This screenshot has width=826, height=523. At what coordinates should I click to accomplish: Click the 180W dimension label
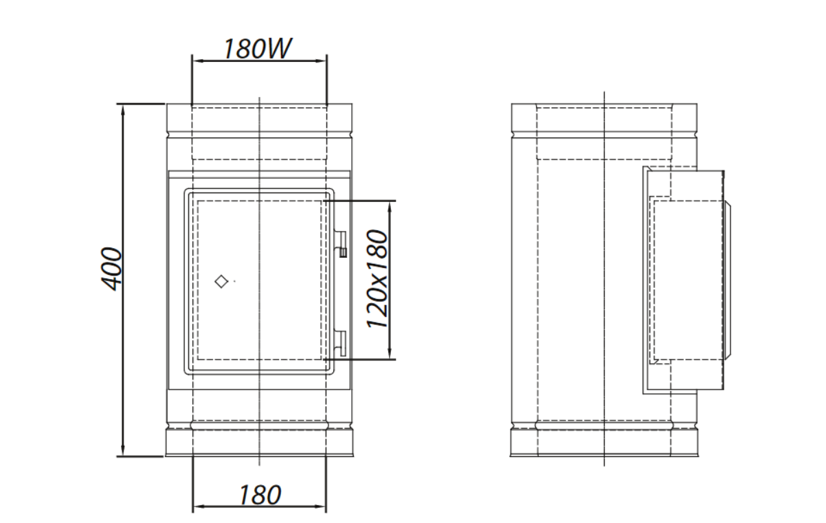pos(258,48)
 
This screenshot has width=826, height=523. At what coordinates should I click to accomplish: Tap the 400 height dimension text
pos(111,269)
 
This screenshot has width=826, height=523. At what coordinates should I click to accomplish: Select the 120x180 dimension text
pos(377,279)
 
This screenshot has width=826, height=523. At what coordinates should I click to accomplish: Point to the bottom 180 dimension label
pos(260,495)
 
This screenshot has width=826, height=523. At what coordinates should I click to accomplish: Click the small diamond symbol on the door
pos(221,281)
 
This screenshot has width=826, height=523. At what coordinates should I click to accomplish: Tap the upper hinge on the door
pos(341,244)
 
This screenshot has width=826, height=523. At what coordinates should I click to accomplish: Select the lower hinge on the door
pos(340,344)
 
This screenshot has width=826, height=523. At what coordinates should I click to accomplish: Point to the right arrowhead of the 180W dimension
pos(320,61)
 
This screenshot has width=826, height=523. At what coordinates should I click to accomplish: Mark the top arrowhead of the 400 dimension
pos(123,111)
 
